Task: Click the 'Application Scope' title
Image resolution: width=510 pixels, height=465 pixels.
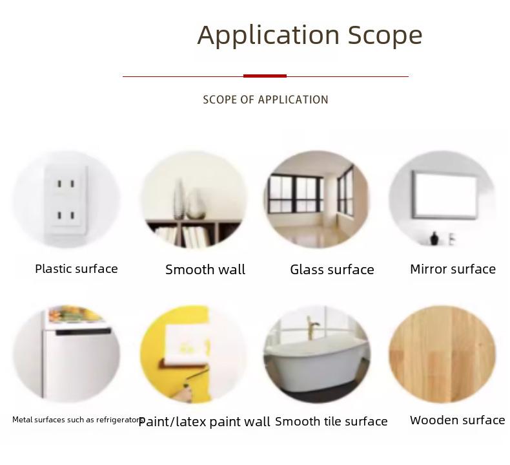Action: tap(310, 36)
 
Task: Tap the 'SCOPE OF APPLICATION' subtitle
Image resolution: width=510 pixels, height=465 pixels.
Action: tap(265, 100)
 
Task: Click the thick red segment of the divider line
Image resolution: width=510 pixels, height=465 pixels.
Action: tap(265, 76)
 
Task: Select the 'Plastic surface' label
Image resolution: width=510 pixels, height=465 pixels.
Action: tap(76, 269)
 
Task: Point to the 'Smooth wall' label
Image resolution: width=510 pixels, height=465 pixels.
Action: tap(205, 270)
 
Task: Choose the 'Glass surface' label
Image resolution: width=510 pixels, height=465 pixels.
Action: tap(332, 270)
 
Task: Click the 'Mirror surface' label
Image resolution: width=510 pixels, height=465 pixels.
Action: tap(453, 269)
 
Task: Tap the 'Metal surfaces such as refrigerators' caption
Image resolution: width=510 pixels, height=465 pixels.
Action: tap(77, 420)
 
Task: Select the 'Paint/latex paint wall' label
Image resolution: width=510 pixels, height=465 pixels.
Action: tap(204, 422)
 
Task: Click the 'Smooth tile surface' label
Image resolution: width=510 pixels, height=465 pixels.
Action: tap(331, 422)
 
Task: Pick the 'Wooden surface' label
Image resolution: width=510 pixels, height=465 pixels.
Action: tap(457, 420)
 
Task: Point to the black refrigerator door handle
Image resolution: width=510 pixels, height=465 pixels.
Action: tap(83, 332)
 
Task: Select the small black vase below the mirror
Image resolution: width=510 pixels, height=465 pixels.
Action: tap(434, 239)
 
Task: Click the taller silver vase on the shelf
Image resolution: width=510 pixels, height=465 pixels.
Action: tap(179, 199)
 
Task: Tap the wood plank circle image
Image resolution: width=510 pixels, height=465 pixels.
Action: tap(442, 354)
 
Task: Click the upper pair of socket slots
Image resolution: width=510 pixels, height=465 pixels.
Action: tap(66, 184)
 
